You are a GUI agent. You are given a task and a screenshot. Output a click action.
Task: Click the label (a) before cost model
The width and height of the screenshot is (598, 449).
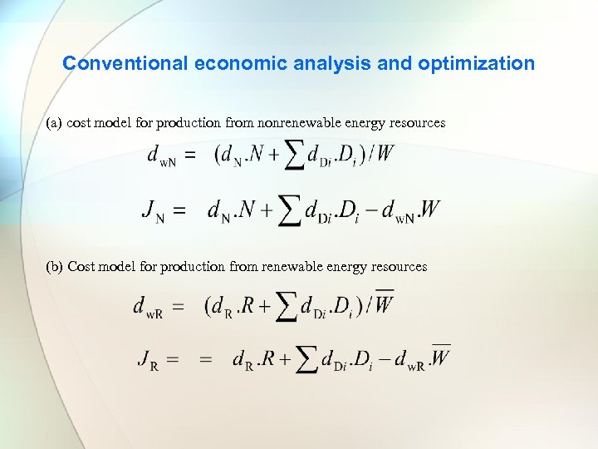[54, 123]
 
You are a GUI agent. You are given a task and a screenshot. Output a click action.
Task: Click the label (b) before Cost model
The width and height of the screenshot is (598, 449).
[55, 267]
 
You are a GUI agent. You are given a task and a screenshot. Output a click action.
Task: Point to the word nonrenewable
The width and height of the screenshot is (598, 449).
[297, 123]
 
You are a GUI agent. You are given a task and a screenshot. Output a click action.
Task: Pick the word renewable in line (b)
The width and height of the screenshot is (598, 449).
[298, 267]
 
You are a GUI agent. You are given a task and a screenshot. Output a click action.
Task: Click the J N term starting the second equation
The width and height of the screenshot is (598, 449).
[151, 210]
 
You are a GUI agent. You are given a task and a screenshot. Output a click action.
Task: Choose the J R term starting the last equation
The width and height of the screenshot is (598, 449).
[147, 360]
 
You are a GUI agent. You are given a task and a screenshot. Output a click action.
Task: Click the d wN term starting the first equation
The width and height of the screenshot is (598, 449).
[160, 155]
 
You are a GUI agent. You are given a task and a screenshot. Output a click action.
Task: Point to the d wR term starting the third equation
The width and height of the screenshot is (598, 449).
[147, 307]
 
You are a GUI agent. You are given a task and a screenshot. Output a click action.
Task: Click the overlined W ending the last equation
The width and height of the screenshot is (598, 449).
[440, 358]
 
